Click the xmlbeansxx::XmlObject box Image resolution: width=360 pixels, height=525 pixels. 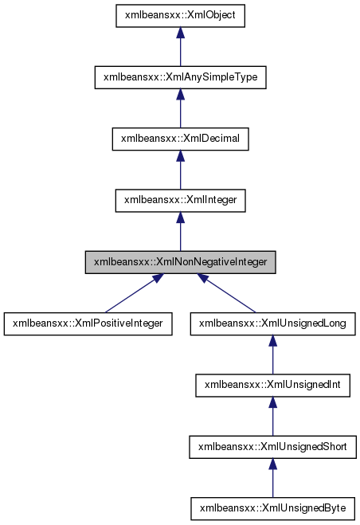coord(181,15)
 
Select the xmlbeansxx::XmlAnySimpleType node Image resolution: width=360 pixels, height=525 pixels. coord(181,77)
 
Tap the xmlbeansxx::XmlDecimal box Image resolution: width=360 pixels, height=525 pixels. coord(181,139)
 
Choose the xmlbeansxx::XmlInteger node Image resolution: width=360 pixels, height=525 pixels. coord(181,200)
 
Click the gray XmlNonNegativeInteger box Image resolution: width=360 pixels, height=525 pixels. coord(181,261)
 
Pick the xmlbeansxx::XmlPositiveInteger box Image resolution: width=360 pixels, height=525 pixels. coord(88,323)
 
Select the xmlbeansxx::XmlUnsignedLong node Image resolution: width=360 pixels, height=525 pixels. coord(272,323)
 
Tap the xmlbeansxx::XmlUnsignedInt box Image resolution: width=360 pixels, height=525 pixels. coord(272,385)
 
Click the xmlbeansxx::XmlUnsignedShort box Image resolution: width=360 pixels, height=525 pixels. coord(272,446)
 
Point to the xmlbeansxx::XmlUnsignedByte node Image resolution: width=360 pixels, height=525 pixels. coord(272,507)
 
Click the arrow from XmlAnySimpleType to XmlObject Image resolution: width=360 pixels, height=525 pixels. coord(181,49)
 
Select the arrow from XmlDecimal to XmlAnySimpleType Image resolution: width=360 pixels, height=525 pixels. coord(181,111)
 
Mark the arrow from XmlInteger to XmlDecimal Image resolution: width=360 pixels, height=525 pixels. coord(181,172)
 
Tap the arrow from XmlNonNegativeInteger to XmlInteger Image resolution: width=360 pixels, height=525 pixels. coord(181,233)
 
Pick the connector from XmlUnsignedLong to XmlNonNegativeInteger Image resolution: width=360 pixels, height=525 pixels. coord(231,296)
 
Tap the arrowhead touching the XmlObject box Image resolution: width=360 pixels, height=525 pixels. coord(181,33)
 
